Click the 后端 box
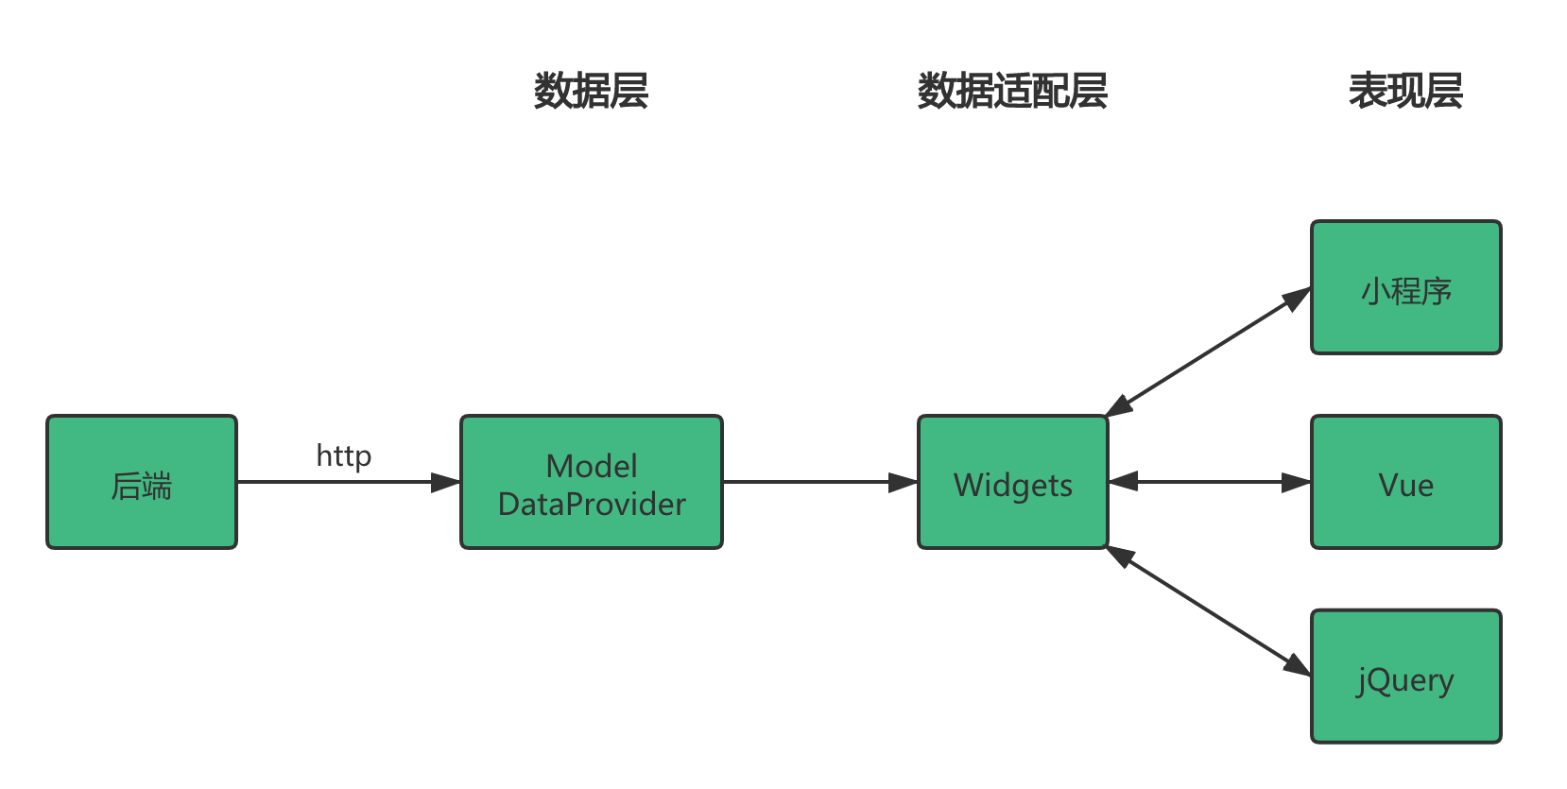pyautogui.click(x=142, y=482)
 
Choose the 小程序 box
pyautogui.click(x=1405, y=288)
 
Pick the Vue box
pyautogui.click(x=1405, y=482)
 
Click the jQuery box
pyautogui.click(x=1405, y=677)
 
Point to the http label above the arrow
pyautogui.click(x=343, y=455)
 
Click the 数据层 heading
pyautogui.click(x=592, y=92)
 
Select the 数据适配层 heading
pyautogui.click(x=1012, y=92)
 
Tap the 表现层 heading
pyautogui.click(x=1405, y=92)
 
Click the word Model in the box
pyautogui.click(x=592, y=466)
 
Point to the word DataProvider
pyautogui.click(x=592, y=505)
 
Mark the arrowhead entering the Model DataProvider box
pyautogui.click(x=446, y=482)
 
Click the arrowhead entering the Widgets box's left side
pyautogui.click(x=904, y=482)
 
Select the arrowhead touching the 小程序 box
pyautogui.click(x=1297, y=299)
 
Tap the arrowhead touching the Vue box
pyautogui.click(x=1297, y=482)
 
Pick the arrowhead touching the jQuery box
pyautogui.click(x=1297, y=664)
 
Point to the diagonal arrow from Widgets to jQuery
pyautogui.click(x=1208, y=609)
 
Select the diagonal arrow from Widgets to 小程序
pyautogui.click(x=1208, y=352)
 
